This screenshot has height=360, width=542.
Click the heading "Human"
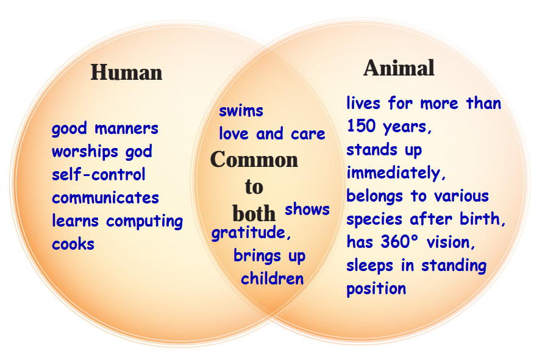pos(126,72)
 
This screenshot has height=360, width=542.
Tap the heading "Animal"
pos(399,68)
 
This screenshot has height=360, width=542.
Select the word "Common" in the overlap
pos(254,160)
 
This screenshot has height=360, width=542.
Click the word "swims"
pos(241,111)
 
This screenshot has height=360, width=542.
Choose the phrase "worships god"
pos(102,152)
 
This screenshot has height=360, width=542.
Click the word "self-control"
pos(98,174)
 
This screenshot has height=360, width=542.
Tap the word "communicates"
pos(105,198)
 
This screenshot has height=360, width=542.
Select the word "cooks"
pos(73,244)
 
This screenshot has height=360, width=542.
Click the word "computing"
pos(144,222)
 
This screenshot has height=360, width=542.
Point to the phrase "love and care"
pos(272,133)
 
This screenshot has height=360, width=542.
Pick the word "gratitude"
pos(249,233)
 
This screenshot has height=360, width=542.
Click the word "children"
pos(272,278)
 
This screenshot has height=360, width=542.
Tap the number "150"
pos(361,125)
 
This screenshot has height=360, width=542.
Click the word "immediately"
pos(393,172)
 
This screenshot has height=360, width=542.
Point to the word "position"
pos(376,289)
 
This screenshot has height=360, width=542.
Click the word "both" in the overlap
pos(254,214)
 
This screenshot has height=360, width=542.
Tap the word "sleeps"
pos(369,266)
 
